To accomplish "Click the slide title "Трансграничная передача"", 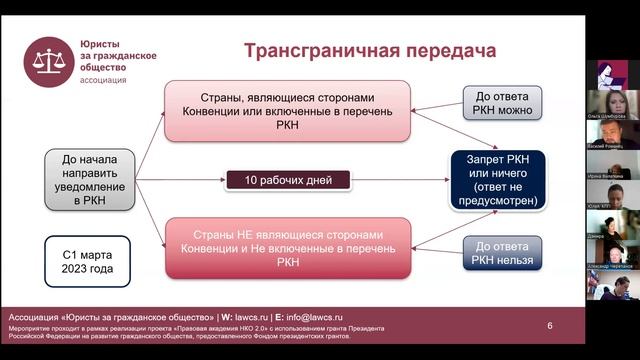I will [x=357, y=51].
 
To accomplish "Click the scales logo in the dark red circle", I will [x=48, y=62].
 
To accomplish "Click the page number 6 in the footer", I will [x=549, y=326].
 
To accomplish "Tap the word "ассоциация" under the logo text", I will [x=103, y=79].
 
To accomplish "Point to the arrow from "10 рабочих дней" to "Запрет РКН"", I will [x=400, y=181].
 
